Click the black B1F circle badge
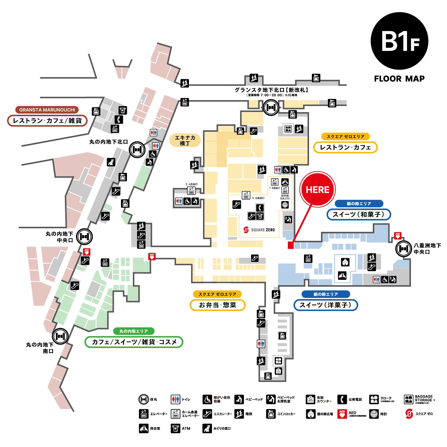[x=399, y=41]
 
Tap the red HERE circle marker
[x=318, y=189]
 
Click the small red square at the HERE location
[x=291, y=245]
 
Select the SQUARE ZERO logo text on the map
[x=260, y=230]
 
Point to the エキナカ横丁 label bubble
[x=185, y=140]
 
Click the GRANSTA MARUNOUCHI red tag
[x=47, y=110]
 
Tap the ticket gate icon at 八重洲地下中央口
[x=403, y=248]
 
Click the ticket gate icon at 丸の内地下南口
[x=60, y=336]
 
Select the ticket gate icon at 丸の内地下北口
[x=137, y=150]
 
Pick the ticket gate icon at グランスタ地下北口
[x=271, y=107]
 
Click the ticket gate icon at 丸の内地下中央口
[x=84, y=237]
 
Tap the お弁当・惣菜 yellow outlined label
[x=218, y=305]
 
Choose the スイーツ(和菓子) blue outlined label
[x=358, y=214]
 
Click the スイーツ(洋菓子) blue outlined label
[x=325, y=305]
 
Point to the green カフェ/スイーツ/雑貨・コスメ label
[x=134, y=342]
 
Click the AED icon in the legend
[x=342, y=414]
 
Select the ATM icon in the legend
[x=176, y=429]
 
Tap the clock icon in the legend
[x=374, y=414]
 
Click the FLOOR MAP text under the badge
[x=399, y=79]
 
